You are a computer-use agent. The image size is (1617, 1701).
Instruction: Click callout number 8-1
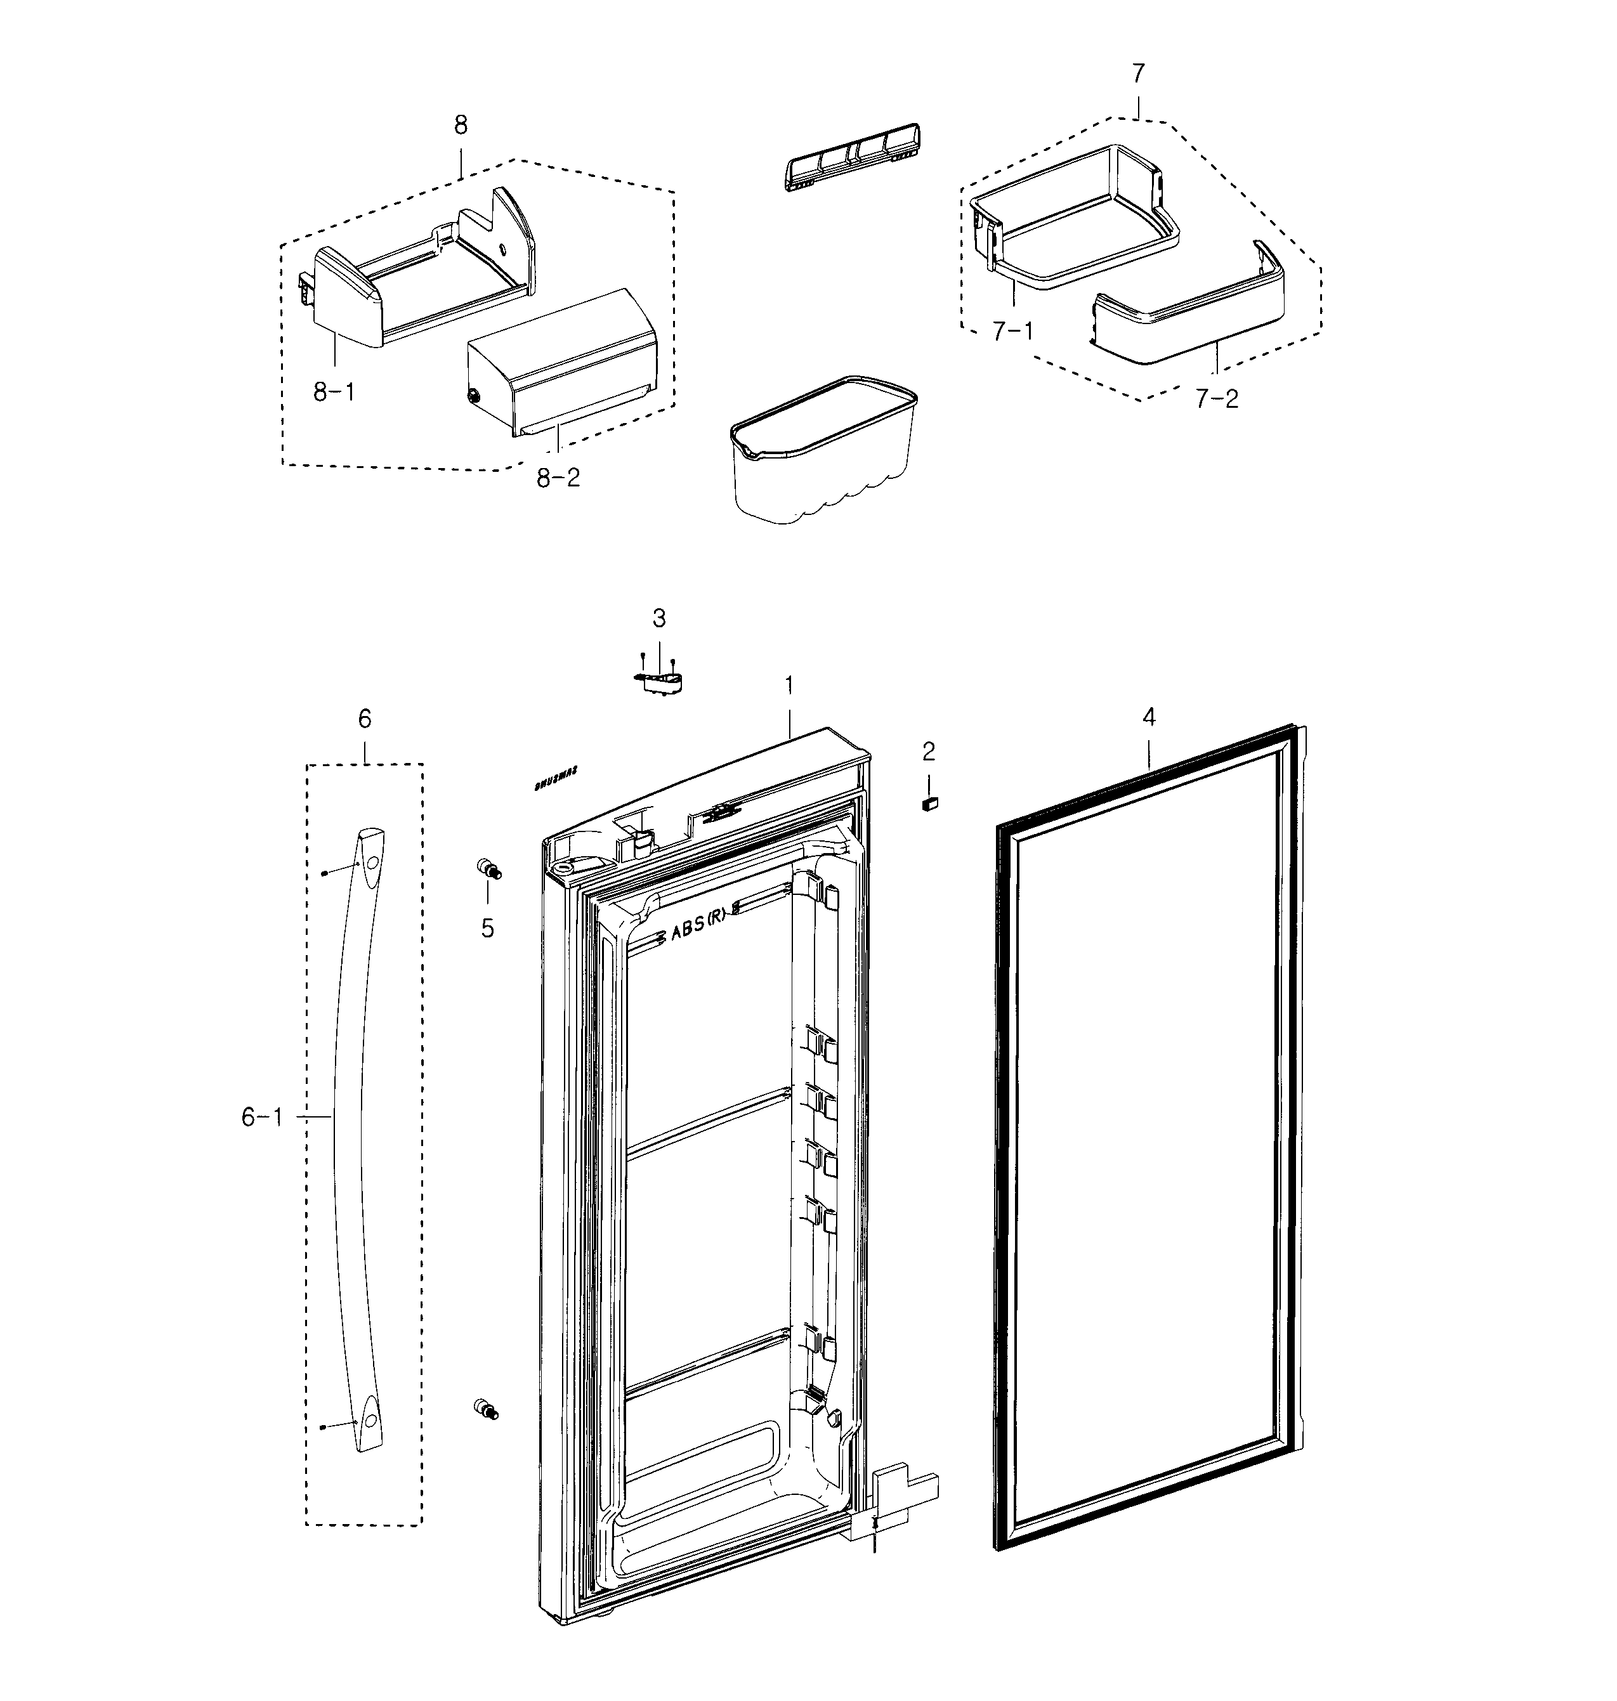pos(334,393)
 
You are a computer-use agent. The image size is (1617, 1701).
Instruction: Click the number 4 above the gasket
pos(1148,716)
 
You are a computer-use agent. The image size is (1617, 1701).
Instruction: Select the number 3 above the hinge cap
pos(658,618)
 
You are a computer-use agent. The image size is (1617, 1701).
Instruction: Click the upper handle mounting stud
pos(488,869)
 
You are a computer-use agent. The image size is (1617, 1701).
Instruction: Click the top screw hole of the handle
pos(370,862)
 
